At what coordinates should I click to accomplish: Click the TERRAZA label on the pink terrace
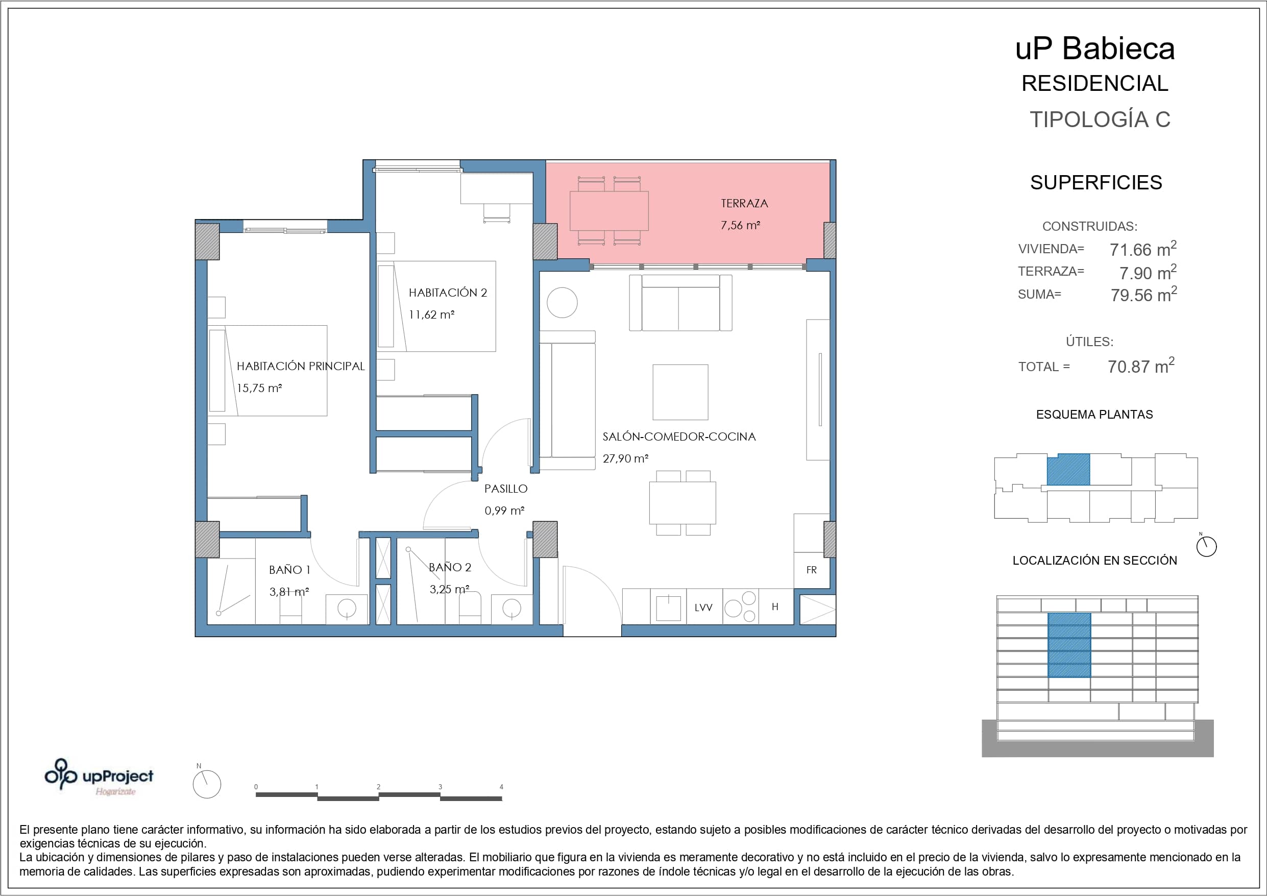(x=744, y=203)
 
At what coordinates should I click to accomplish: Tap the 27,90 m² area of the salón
(x=625, y=458)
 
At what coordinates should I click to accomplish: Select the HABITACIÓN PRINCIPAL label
(x=301, y=366)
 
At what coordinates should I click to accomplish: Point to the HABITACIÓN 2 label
(x=448, y=293)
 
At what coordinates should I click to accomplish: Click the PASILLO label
(x=506, y=489)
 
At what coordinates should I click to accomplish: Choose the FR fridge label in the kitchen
(x=811, y=570)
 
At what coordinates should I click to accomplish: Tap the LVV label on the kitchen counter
(x=703, y=607)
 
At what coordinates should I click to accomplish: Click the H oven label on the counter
(x=775, y=607)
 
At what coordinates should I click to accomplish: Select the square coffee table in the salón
(x=680, y=392)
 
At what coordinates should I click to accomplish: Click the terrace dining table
(x=608, y=210)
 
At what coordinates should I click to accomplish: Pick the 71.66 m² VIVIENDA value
(x=1143, y=249)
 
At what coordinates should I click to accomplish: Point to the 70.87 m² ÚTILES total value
(x=1140, y=366)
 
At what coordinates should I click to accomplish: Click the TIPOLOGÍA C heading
(x=1100, y=119)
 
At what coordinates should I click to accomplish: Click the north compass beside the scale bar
(x=206, y=784)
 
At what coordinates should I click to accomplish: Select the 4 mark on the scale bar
(x=501, y=787)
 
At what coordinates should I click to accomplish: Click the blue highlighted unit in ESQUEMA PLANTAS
(x=1068, y=469)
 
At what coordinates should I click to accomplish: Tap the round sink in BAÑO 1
(x=347, y=609)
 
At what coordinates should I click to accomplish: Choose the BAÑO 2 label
(x=450, y=567)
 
